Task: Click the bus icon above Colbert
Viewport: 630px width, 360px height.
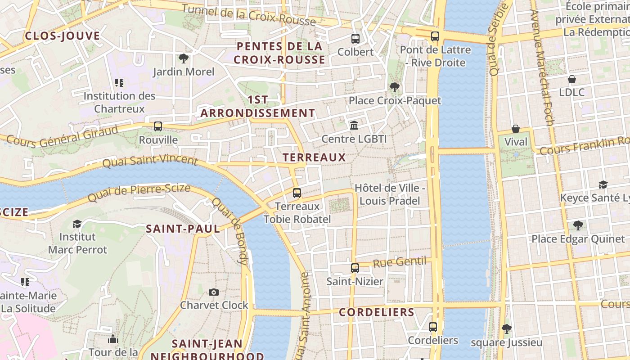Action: pyautogui.click(x=355, y=39)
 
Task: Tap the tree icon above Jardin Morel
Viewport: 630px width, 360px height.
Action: pyautogui.click(x=183, y=58)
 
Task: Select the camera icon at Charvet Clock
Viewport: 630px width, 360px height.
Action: pyautogui.click(x=214, y=292)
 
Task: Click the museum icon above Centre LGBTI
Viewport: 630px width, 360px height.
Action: pyautogui.click(x=354, y=125)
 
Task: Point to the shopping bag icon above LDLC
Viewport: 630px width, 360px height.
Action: pyautogui.click(x=572, y=80)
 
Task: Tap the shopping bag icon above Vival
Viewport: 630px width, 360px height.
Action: pyautogui.click(x=516, y=129)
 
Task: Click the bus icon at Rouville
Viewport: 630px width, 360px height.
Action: pyautogui.click(x=158, y=126)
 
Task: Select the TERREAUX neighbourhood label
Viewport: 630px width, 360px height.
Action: pyautogui.click(x=314, y=157)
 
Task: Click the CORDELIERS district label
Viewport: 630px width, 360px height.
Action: pyautogui.click(x=376, y=312)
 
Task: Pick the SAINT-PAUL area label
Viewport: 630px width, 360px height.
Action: pyautogui.click(x=183, y=229)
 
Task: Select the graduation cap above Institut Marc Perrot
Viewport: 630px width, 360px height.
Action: pyautogui.click(x=77, y=224)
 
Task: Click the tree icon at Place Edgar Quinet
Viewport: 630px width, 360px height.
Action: pyautogui.click(x=578, y=225)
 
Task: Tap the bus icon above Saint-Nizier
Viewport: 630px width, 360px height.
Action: pyautogui.click(x=355, y=268)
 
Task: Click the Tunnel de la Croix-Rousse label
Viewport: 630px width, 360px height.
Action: pyautogui.click(x=249, y=14)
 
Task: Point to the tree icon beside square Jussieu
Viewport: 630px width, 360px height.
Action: pyautogui.click(x=507, y=329)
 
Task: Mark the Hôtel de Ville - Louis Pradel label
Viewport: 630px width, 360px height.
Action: pyautogui.click(x=390, y=194)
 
